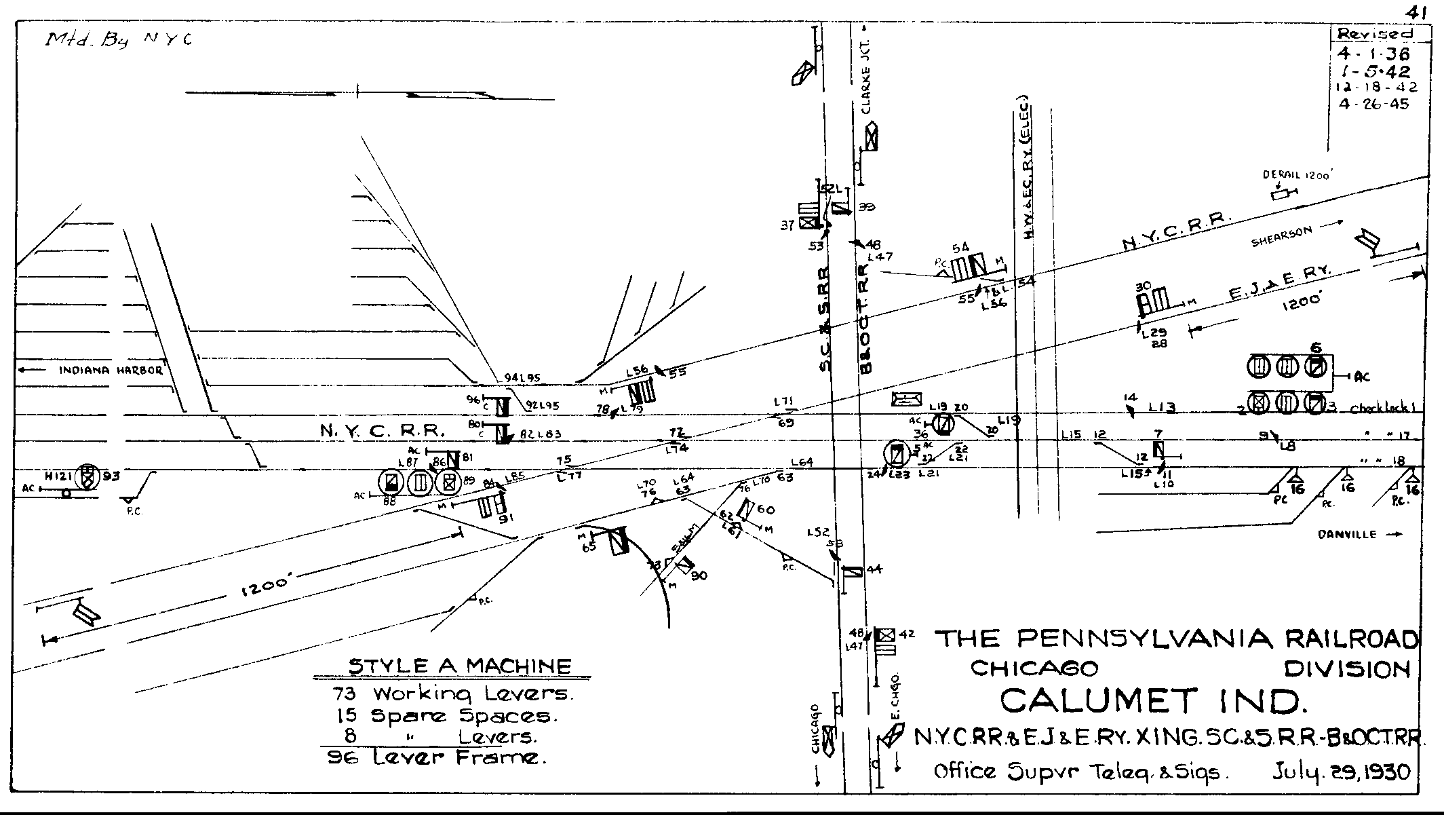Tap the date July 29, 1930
tap(1341, 772)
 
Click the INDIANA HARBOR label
tap(111, 371)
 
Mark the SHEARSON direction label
tap(1281, 236)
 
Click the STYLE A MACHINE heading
tap(460, 666)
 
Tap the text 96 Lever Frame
tap(437, 758)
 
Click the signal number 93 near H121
tap(111, 476)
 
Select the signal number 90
tap(699, 575)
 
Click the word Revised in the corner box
tap(1374, 34)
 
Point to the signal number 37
tap(787, 225)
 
